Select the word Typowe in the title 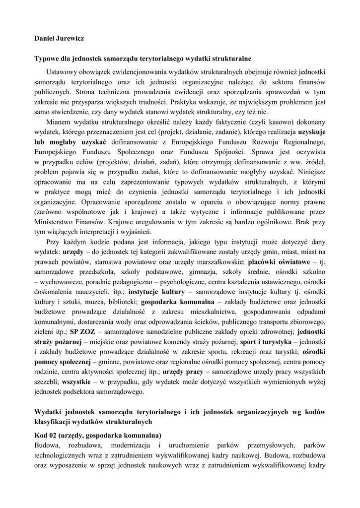point(47,59)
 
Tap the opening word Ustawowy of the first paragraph point(62,71)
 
